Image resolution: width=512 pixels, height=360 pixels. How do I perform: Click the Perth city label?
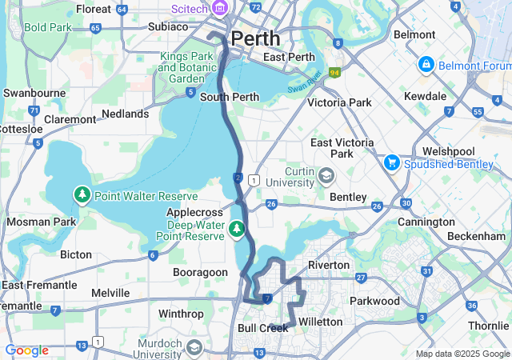[255, 38]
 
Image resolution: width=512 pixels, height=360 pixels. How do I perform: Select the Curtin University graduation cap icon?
[326, 175]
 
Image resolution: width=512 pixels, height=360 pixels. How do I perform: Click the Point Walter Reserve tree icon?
[82, 194]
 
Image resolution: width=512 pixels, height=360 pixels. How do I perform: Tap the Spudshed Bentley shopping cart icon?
[391, 162]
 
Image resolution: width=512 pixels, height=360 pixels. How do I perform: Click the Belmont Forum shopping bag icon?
[426, 64]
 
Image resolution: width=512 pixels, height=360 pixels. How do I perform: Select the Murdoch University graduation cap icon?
[194, 347]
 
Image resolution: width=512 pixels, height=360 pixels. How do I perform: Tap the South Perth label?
[229, 98]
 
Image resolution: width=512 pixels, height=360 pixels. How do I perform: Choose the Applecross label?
[192, 213]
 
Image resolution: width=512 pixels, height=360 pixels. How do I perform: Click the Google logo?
[26, 350]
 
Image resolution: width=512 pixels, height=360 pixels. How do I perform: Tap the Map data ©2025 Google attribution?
[462, 354]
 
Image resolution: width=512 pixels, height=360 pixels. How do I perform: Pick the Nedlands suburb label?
[125, 114]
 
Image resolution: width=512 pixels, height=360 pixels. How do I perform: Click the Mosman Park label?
[41, 222]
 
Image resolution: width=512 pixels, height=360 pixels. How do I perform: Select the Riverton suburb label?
[329, 265]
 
